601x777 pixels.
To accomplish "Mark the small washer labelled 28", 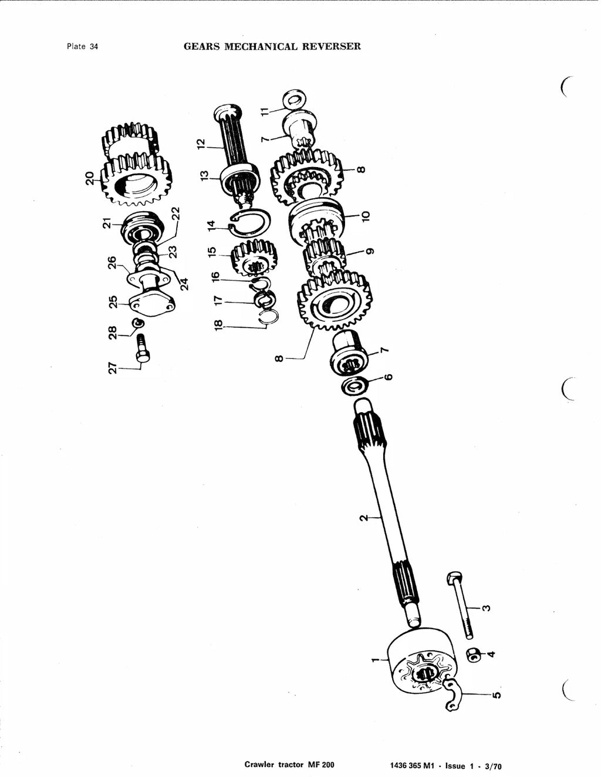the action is coord(138,323).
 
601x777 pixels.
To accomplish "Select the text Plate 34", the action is coord(82,46).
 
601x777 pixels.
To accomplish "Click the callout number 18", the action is coord(218,325).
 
